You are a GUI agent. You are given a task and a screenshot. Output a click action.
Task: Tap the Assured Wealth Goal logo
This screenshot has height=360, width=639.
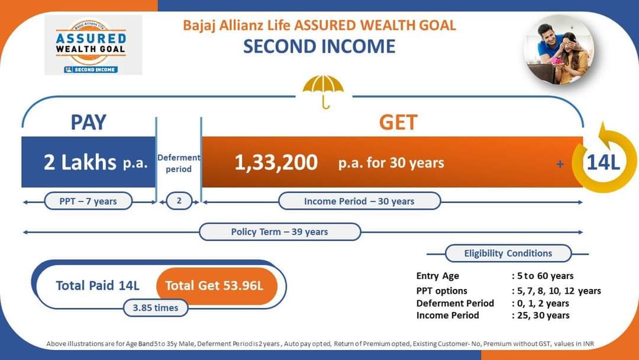pyautogui.click(x=93, y=45)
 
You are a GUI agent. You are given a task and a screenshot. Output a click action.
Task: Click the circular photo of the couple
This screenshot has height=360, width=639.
pyautogui.click(x=559, y=49)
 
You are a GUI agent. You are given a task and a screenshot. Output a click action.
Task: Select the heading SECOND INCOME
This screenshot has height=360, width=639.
pyautogui.click(x=319, y=46)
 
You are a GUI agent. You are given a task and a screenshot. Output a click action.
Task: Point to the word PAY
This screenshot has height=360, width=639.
pyautogui.click(x=88, y=122)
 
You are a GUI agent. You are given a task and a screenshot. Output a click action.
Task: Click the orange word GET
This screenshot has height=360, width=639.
pyautogui.click(x=398, y=122)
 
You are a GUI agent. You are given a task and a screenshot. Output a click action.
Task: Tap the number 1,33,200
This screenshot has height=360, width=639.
pyautogui.click(x=276, y=162)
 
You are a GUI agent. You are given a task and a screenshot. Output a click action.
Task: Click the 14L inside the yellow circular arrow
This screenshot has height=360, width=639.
pyautogui.click(x=603, y=162)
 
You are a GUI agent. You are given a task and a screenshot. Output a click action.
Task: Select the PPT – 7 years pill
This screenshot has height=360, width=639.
pyautogui.click(x=88, y=201)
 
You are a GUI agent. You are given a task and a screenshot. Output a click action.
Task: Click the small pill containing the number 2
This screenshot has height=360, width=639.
pyautogui.click(x=179, y=201)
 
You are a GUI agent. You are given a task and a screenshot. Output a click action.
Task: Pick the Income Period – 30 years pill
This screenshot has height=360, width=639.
pyautogui.click(x=360, y=201)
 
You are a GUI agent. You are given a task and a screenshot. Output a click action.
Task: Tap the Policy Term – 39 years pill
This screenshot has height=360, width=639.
pyautogui.click(x=280, y=232)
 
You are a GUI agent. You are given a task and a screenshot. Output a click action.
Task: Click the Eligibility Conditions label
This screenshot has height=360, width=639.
pyautogui.click(x=508, y=253)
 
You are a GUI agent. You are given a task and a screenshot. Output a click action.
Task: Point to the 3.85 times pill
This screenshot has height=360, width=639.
pyautogui.click(x=156, y=308)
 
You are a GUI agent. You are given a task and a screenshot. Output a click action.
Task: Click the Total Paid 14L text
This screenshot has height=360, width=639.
pyautogui.click(x=98, y=285)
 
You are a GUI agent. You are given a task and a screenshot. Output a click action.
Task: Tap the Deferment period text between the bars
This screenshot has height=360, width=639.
pyautogui.click(x=179, y=163)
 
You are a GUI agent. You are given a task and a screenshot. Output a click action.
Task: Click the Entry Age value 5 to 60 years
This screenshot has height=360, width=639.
pyautogui.click(x=543, y=276)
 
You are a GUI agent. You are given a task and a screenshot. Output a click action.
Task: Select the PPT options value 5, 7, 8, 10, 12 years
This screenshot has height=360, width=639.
pyautogui.click(x=556, y=291)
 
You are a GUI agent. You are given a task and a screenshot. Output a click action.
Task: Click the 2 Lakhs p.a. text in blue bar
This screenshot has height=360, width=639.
pyautogui.click(x=95, y=162)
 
